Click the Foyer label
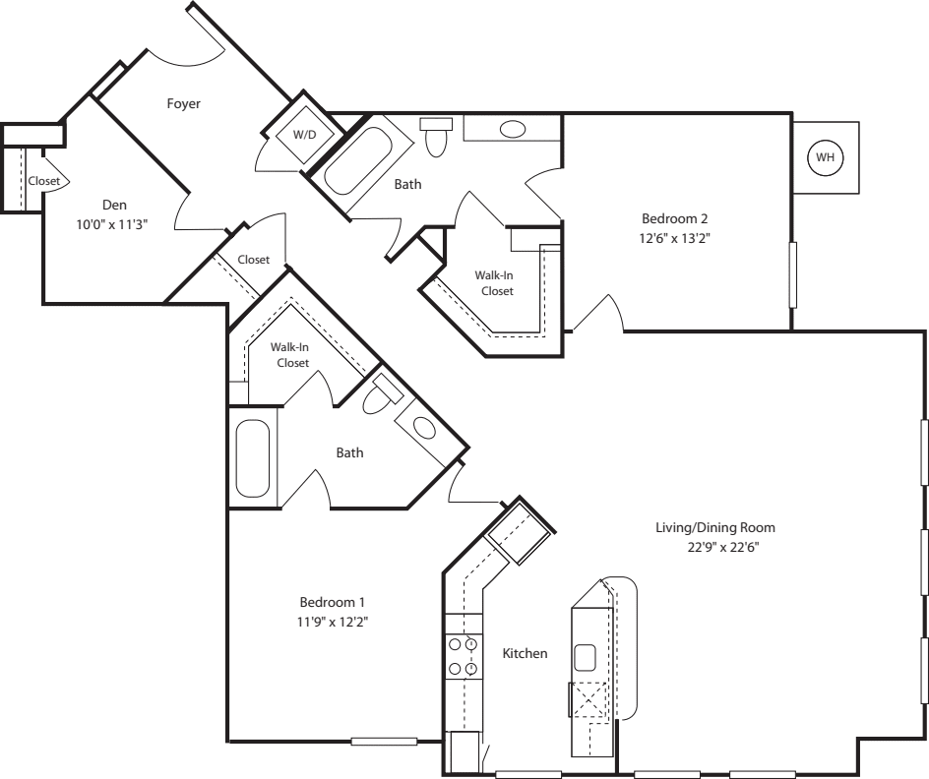click(184, 103)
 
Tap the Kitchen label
click(525, 653)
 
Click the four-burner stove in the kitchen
click(464, 657)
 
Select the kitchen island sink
click(588, 656)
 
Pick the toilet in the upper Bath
click(436, 136)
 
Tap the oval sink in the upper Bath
click(513, 129)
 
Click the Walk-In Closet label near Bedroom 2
click(494, 283)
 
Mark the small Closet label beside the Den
click(43, 181)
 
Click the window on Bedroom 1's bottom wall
click(384, 741)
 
